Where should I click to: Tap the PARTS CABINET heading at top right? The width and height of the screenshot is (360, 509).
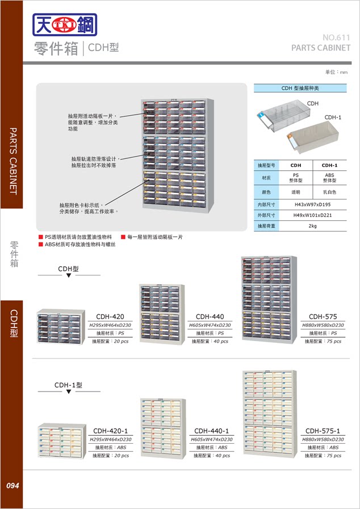tap(321, 48)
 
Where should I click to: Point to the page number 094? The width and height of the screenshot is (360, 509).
tap(13, 486)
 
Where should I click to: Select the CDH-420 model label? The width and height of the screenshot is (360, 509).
tap(110, 317)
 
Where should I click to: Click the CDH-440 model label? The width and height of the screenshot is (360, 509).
tap(210, 317)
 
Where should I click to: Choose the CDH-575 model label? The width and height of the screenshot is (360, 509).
tap(323, 317)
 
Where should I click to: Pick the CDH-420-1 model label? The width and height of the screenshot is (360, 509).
tap(110, 431)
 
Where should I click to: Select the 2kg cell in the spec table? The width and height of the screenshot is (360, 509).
tap(313, 226)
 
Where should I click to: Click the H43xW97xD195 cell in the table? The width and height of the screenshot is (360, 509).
tap(313, 204)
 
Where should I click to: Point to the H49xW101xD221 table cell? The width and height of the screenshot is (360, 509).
tap(313, 215)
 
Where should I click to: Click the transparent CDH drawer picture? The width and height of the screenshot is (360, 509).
tap(283, 116)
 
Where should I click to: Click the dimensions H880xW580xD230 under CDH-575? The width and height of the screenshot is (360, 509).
tap(323, 326)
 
